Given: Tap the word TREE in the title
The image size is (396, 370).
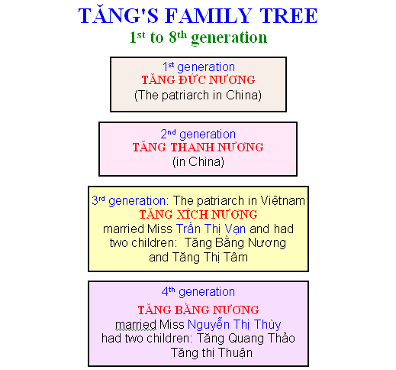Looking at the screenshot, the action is (288, 16).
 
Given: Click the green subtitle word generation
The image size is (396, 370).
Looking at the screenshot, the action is (229, 38).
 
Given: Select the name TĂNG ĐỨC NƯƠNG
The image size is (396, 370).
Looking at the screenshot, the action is (198, 80).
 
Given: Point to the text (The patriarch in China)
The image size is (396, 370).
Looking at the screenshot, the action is (198, 96).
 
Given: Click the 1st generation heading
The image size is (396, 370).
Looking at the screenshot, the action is (198, 67).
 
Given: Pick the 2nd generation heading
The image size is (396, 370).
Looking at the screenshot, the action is (198, 134).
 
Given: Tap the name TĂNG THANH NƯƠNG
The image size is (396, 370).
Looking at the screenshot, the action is (198, 148).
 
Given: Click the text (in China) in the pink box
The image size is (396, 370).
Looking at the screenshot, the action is (198, 162).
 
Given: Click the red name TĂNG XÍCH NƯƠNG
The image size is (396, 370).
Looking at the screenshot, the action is (198, 214).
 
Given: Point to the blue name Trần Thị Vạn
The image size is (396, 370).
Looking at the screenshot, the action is (211, 229).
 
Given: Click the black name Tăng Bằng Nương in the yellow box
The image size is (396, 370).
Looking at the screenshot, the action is (235, 243).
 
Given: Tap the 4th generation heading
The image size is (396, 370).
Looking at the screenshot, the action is (198, 291).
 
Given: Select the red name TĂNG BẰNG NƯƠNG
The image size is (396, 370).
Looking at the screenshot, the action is (198, 310).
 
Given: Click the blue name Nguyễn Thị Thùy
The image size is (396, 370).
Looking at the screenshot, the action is (234, 324).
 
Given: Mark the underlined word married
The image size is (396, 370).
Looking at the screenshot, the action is (136, 325).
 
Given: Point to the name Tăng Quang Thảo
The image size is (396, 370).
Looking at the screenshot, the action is (246, 339).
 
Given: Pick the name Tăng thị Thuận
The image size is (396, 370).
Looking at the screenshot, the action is (211, 352).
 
